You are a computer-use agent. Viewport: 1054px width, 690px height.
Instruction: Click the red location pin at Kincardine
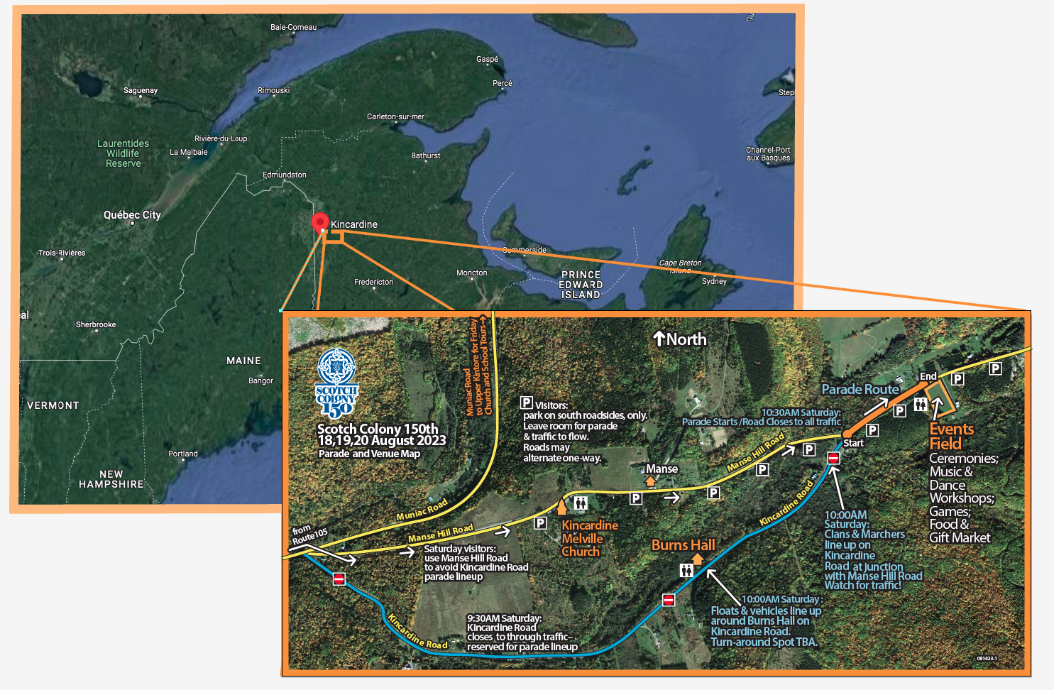click(319, 221)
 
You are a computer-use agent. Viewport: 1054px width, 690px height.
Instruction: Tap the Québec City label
click(132, 215)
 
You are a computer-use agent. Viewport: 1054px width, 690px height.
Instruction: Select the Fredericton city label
click(373, 282)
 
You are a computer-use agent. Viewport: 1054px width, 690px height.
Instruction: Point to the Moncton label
click(471, 273)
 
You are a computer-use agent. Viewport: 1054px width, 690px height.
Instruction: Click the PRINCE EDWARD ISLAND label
click(581, 285)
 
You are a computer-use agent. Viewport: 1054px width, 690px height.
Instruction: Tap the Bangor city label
click(260, 380)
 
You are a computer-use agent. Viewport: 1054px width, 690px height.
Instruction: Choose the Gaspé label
click(487, 60)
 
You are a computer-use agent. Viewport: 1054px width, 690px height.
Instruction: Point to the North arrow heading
click(679, 339)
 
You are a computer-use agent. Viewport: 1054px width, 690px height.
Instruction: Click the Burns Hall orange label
click(683, 545)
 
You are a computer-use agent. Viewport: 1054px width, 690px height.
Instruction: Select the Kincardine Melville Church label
click(588, 538)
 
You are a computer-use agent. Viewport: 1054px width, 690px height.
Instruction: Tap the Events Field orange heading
click(951, 436)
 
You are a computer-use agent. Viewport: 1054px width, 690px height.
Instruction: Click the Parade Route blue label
click(860, 389)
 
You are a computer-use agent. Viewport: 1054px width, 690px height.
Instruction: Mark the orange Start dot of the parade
click(846, 433)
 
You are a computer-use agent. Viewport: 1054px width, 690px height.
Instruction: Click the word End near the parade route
click(928, 376)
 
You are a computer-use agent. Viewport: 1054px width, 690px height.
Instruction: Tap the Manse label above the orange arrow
click(662, 469)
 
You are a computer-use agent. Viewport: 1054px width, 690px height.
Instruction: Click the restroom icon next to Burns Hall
click(686, 570)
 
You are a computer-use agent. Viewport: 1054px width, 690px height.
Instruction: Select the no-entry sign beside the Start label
click(833, 458)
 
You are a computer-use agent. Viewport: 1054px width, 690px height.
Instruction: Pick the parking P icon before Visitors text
click(527, 402)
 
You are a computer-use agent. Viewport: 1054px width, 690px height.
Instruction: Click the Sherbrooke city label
click(96, 324)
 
